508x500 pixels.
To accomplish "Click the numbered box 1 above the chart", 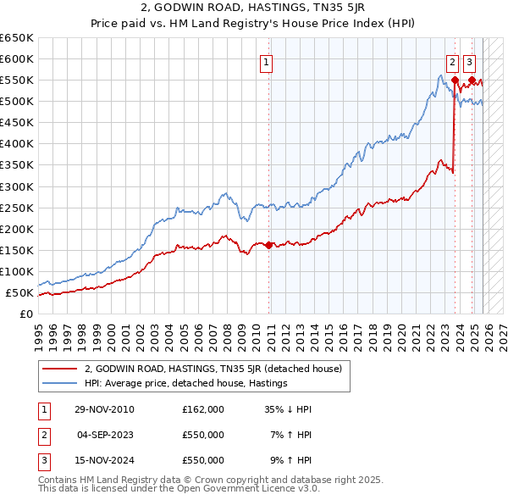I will coord(267,61).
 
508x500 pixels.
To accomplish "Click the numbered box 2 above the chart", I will coord(453,61).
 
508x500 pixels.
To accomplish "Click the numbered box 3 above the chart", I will coord(470,61).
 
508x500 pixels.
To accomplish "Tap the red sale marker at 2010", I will coord(269,245).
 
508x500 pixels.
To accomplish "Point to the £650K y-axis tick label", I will coord(17,38).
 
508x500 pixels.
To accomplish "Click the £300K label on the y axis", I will coord(17,186).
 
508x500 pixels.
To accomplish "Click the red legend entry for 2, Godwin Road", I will coord(213,369).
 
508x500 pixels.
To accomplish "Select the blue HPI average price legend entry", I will coord(185,383).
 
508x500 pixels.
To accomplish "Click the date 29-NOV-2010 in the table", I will coord(103,409).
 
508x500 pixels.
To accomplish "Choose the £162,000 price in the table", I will coord(203,409).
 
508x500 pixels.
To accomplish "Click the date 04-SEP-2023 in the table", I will coord(103,435).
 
